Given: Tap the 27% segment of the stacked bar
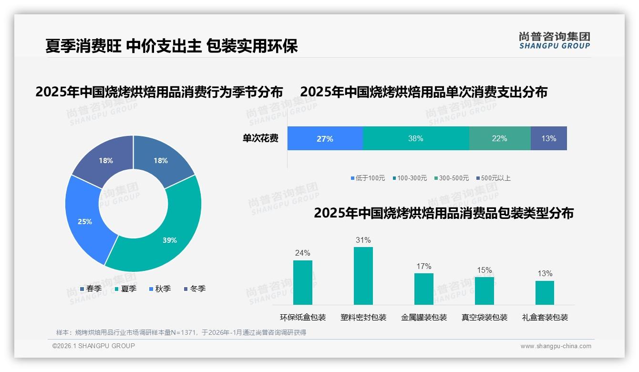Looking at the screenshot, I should tap(325, 139).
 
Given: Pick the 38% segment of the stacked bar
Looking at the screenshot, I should tap(416, 139).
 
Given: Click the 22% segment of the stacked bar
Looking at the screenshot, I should tap(499, 139).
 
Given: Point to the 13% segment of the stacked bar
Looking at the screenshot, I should tap(548, 139).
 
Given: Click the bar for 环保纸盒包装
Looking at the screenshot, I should tap(302, 282).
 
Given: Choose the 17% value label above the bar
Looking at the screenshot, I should tap(423, 267).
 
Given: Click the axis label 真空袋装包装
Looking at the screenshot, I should tap(484, 318).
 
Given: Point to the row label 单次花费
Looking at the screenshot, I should tap(260, 139).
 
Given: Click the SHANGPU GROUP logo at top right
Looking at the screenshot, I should tap(554, 41).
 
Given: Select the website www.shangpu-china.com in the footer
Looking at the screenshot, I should tap(556, 346).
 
